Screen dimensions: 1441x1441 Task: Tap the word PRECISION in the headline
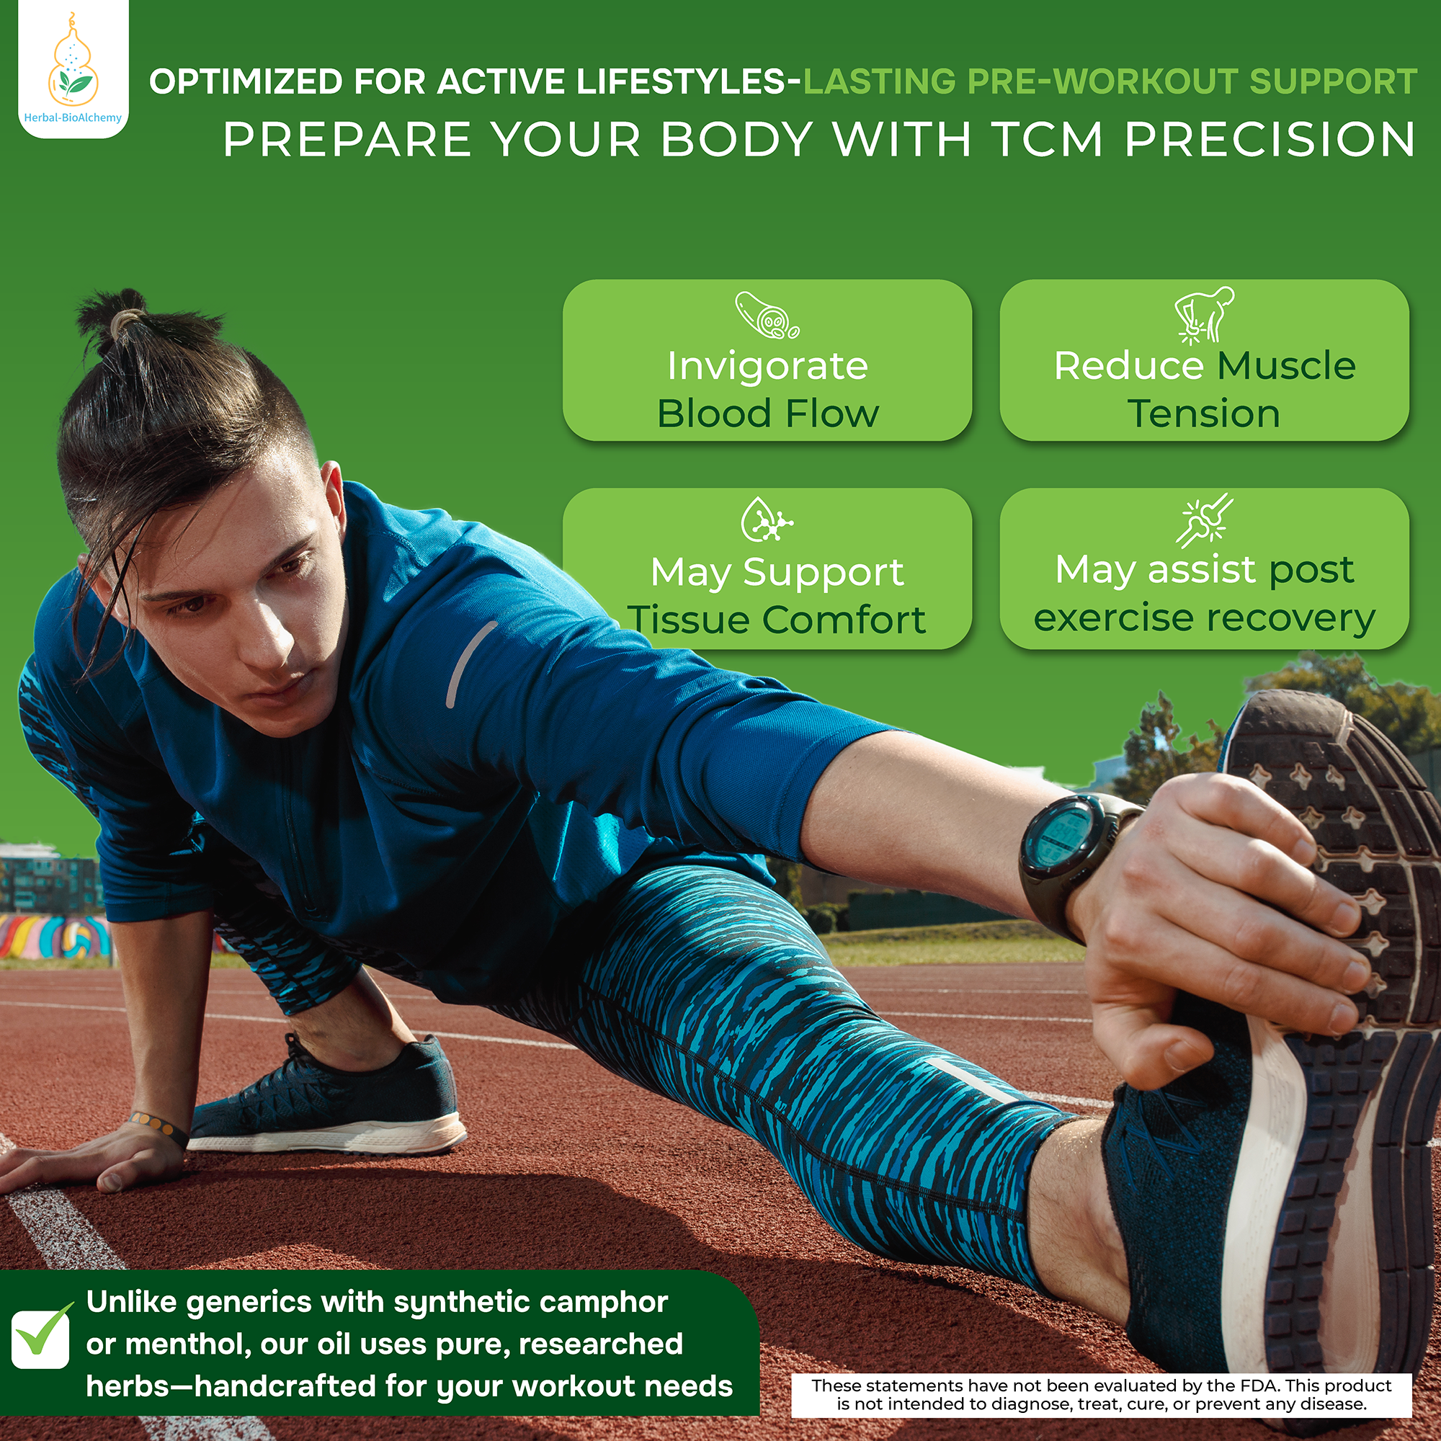click(1270, 140)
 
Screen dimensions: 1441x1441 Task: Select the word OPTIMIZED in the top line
click(246, 81)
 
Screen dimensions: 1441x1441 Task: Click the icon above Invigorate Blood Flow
click(767, 315)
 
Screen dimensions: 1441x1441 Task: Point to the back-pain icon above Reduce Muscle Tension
click(1203, 316)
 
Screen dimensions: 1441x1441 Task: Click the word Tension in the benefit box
click(1203, 414)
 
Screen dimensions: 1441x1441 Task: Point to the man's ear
click(331, 508)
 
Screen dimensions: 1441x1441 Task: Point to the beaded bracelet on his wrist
click(158, 1127)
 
